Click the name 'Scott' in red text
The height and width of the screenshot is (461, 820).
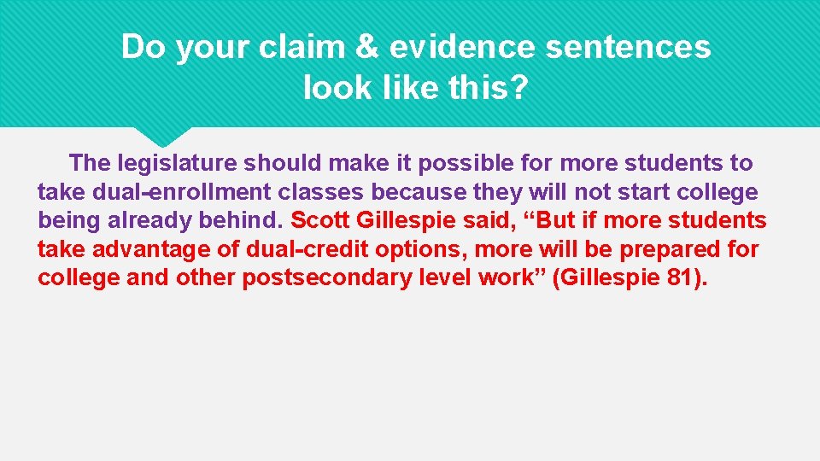[320, 220]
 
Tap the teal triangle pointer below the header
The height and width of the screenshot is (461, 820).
[164, 136]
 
